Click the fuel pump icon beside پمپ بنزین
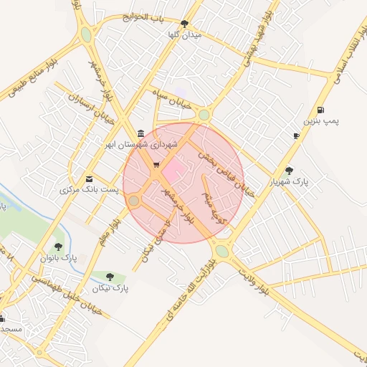point(319,110)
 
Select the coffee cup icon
point(296,135)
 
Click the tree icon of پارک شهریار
point(289,171)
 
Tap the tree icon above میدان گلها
point(185,24)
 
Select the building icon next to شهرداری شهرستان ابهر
point(140,133)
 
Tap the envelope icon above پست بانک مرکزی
point(89,178)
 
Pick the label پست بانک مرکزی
point(80,191)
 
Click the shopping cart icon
point(156,166)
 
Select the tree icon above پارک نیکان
point(110,276)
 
